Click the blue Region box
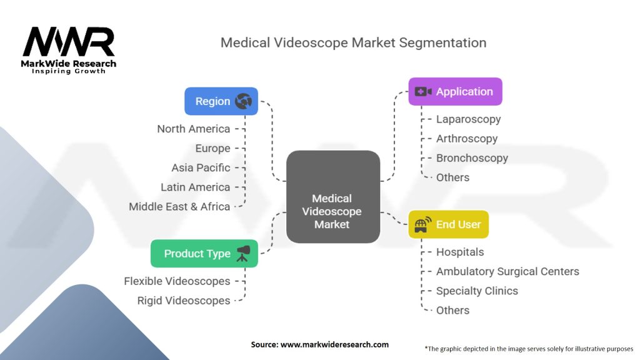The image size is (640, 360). click(221, 101)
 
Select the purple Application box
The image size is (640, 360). click(455, 91)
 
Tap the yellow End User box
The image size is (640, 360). click(448, 224)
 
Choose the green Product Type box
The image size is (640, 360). click(204, 254)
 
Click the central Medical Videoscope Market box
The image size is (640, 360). click(333, 197)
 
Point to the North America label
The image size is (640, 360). click(194, 129)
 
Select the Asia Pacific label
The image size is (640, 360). click(201, 167)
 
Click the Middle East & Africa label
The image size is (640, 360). click(179, 206)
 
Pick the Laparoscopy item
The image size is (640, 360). click(468, 119)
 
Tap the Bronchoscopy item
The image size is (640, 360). click(472, 158)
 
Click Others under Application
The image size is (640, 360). click(452, 177)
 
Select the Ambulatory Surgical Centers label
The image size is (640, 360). click(507, 271)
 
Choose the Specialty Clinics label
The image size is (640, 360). click(477, 291)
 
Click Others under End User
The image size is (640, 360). click(452, 310)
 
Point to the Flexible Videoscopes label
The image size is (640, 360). click(177, 281)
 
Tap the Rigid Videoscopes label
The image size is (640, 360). click(184, 301)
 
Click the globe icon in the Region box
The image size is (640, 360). click(243, 101)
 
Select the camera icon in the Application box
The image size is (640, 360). click(423, 91)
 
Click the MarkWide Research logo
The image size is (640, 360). click(69, 50)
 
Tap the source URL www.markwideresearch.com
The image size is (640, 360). click(334, 344)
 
